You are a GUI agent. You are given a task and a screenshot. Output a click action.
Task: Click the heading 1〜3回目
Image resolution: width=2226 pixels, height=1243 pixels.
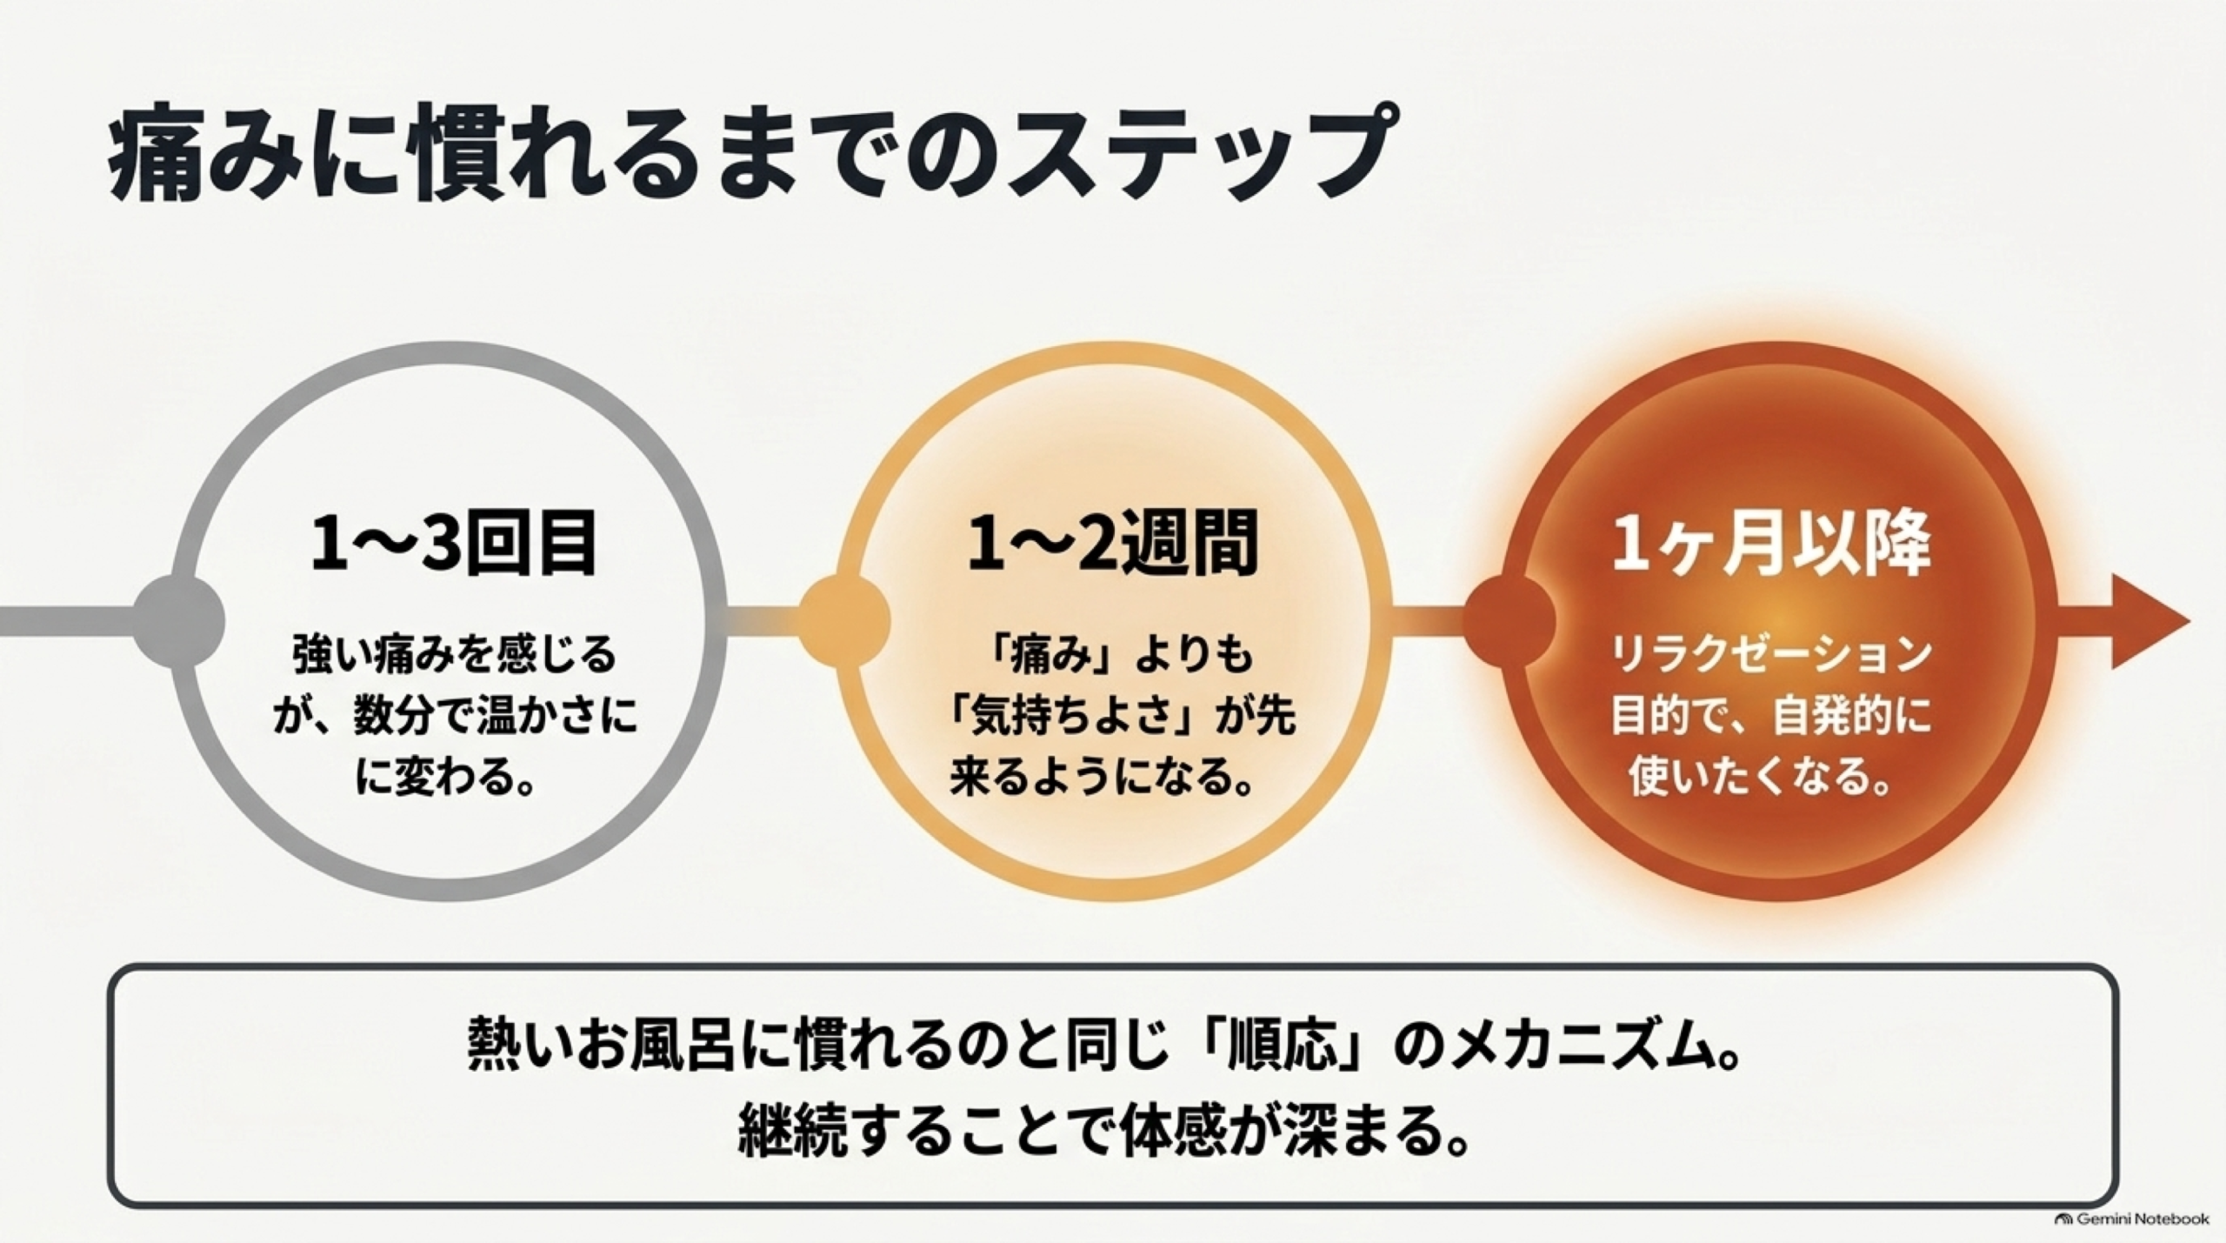pos(454,545)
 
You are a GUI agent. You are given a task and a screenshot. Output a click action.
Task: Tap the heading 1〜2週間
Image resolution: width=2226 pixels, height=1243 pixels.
pos(1114,545)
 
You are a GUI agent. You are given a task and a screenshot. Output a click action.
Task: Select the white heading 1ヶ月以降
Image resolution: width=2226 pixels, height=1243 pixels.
pos(1771,545)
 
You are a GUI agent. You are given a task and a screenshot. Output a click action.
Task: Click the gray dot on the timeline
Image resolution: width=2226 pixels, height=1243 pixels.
pos(180,621)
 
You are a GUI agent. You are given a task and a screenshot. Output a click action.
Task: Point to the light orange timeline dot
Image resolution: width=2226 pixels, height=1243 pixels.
pos(844,621)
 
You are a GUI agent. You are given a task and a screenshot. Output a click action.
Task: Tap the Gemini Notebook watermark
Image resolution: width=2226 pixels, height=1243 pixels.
pos(2131,1219)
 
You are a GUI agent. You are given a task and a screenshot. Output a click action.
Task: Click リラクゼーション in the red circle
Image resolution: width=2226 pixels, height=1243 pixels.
pos(1771,656)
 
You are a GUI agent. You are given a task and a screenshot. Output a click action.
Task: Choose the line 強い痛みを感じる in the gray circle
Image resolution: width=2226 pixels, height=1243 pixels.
pos(454,656)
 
